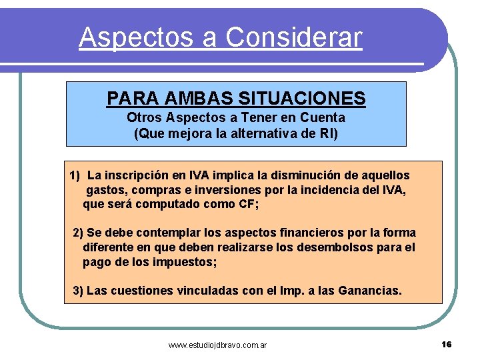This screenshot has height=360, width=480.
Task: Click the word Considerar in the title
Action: click(294, 37)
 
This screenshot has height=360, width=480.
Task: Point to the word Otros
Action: click(144, 117)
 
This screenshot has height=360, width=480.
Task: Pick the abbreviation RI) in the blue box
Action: click(328, 133)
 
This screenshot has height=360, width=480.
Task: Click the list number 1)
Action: click(75, 175)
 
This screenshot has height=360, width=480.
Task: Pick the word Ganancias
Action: click(370, 291)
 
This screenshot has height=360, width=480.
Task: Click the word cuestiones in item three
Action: click(142, 291)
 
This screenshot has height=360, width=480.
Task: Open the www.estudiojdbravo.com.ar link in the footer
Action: click(218, 345)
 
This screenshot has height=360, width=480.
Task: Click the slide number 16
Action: click(446, 344)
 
